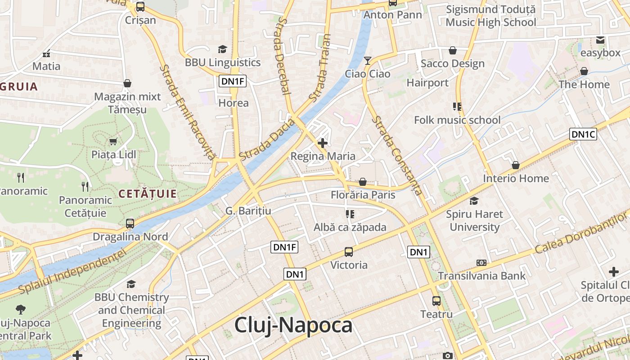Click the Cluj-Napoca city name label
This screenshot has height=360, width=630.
[x=293, y=325]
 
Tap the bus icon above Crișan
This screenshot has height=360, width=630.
[x=140, y=7]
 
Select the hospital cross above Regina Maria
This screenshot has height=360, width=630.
[x=323, y=143]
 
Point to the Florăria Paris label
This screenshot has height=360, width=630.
[x=363, y=195]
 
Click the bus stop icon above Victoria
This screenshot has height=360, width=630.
[x=349, y=252]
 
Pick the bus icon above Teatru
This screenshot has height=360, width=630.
[x=436, y=301]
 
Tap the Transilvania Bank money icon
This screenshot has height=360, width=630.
[x=481, y=263]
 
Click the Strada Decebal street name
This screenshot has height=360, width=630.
[x=282, y=56]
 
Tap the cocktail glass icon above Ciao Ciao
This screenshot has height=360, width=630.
[x=368, y=60]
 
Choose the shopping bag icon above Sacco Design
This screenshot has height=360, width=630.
[x=453, y=50]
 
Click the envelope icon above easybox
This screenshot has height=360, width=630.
[x=600, y=40]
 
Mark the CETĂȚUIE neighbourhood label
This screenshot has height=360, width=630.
[x=148, y=194]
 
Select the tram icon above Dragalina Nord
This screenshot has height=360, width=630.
[x=130, y=223]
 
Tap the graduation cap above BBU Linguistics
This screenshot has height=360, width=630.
[x=222, y=49]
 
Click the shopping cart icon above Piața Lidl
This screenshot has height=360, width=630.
[x=113, y=142]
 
